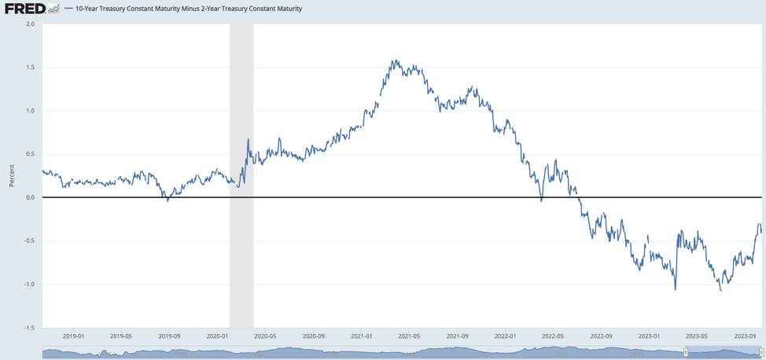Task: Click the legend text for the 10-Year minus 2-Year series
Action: coord(189,9)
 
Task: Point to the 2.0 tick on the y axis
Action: coord(30,24)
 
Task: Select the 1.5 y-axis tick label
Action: coord(30,68)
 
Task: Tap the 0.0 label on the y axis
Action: coord(30,197)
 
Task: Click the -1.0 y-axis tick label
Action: coord(28,285)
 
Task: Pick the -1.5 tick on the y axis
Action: coord(28,328)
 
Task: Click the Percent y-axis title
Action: coord(12,175)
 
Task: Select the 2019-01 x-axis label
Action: coord(73,336)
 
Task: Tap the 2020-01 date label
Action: coord(217,336)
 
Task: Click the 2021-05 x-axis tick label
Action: coord(409,336)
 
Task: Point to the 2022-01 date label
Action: coord(505,336)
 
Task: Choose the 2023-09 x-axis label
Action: coord(745,336)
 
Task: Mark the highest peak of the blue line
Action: coord(393,61)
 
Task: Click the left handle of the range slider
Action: coord(686,353)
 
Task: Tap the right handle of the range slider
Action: coord(760,353)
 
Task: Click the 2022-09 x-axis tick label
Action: coord(601,336)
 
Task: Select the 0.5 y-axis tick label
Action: coord(30,154)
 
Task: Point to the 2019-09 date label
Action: coord(169,336)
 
